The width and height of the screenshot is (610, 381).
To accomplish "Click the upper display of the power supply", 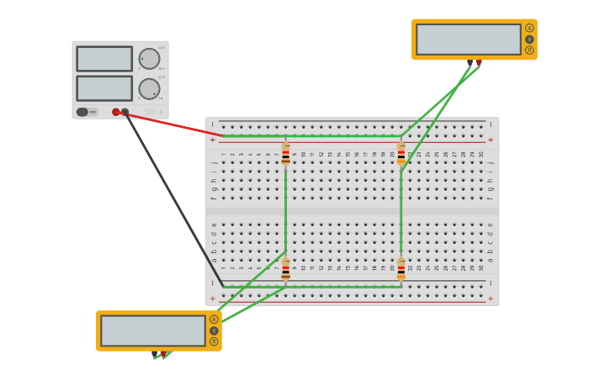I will pyautogui.click(x=104, y=59).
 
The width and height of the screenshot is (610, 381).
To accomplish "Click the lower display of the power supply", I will pyautogui.click(x=104, y=88).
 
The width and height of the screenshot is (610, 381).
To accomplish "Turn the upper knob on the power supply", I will pyautogui.click(x=149, y=59).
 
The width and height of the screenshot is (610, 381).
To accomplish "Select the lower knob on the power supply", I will pyautogui.click(x=149, y=88).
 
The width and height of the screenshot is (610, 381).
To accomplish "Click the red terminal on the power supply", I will pyautogui.click(x=116, y=112).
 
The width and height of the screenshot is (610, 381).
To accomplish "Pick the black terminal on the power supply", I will pyautogui.click(x=125, y=112).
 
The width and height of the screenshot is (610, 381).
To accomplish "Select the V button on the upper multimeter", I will pyautogui.click(x=529, y=39).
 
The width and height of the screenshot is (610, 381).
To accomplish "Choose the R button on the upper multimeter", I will pyautogui.click(x=529, y=50).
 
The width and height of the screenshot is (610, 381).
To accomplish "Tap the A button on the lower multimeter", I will pyautogui.click(x=214, y=320).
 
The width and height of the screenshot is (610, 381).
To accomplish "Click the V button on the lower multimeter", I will pyautogui.click(x=214, y=331).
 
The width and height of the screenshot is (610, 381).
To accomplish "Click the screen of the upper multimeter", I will pyautogui.click(x=468, y=39).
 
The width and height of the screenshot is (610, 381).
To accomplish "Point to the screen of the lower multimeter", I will pyautogui.click(x=152, y=331).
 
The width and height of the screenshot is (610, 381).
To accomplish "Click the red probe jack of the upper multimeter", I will pyautogui.click(x=479, y=62).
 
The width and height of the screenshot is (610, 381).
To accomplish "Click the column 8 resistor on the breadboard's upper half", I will pyautogui.click(x=286, y=154).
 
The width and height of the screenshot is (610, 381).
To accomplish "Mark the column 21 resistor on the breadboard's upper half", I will pyautogui.click(x=401, y=154).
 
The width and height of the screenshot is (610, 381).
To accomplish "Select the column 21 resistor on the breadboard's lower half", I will pyautogui.click(x=401, y=269).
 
